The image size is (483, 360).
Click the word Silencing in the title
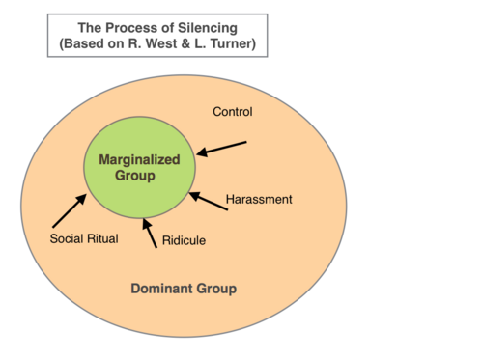tap(208, 28)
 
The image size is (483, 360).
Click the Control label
tap(233, 112)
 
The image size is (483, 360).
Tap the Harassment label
tap(259, 199)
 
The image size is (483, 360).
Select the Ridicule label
tap(184, 240)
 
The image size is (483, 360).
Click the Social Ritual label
tap(84, 238)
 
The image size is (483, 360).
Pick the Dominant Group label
tap(184, 289)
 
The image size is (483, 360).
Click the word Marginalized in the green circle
tap(139, 159)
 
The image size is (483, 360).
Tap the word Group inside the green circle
tap(135, 176)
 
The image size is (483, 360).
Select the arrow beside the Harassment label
tap(209, 201)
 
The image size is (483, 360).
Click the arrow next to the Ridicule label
tap(150, 234)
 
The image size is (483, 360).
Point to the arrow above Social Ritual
tap(70, 210)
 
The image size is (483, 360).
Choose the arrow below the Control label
tap(221, 149)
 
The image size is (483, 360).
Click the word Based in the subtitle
tap(83, 43)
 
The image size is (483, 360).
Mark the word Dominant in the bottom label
tap(162, 289)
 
